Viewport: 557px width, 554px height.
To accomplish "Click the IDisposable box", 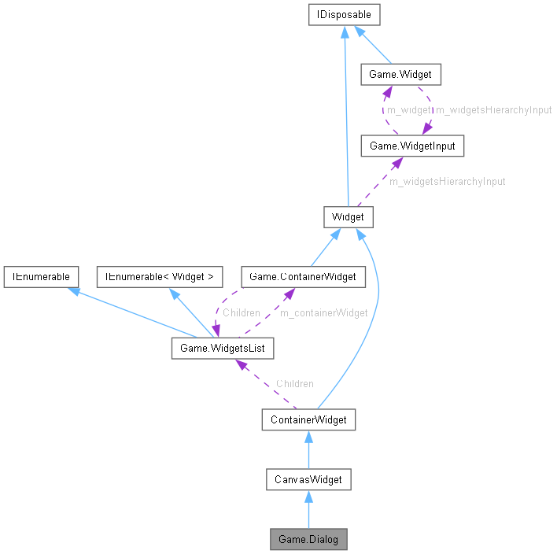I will click(x=345, y=14).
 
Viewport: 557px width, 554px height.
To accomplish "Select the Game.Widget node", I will click(x=400, y=76).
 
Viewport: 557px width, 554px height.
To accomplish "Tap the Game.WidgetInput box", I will click(x=407, y=146).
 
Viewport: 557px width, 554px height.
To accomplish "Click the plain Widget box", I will click(x=348, y=217).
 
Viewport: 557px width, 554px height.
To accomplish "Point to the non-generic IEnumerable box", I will click(x=41, y=276).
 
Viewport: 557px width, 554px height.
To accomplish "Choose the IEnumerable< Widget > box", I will click(x=160, y=276).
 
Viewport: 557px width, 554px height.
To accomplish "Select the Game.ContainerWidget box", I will click(x=303, y=276).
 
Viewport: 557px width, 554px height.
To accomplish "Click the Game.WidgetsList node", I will click(x=223, y=347).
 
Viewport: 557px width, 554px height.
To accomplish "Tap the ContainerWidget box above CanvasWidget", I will click(x=308, y=419).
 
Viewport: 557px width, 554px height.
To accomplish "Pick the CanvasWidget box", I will click(x=308, y=478).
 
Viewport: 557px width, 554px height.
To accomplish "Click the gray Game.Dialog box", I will click(x=308, y=539).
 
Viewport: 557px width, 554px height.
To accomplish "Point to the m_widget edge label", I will click(x=408, y=110).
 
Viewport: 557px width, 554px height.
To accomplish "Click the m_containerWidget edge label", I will click(x=324, y=312).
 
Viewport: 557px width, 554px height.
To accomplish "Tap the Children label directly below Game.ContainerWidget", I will click(x=241, y=312).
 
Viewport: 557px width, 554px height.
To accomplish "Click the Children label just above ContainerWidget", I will click(x=294, y=383).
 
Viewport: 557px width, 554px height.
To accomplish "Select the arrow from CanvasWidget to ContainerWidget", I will click(x=308, y=449).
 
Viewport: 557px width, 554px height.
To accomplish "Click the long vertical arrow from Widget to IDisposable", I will click(x=345, y=118).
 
